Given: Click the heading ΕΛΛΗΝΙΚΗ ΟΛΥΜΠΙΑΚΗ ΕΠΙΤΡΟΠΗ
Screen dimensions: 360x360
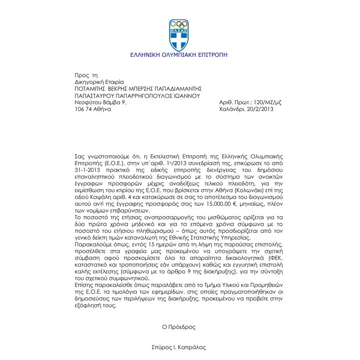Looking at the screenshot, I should (179, 55).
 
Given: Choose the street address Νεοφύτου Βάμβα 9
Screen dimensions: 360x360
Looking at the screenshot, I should (101, 102).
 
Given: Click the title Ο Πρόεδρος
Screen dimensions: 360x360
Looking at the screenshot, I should (179, 325).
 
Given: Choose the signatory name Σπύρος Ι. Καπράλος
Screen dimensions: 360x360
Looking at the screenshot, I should (179, 348).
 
